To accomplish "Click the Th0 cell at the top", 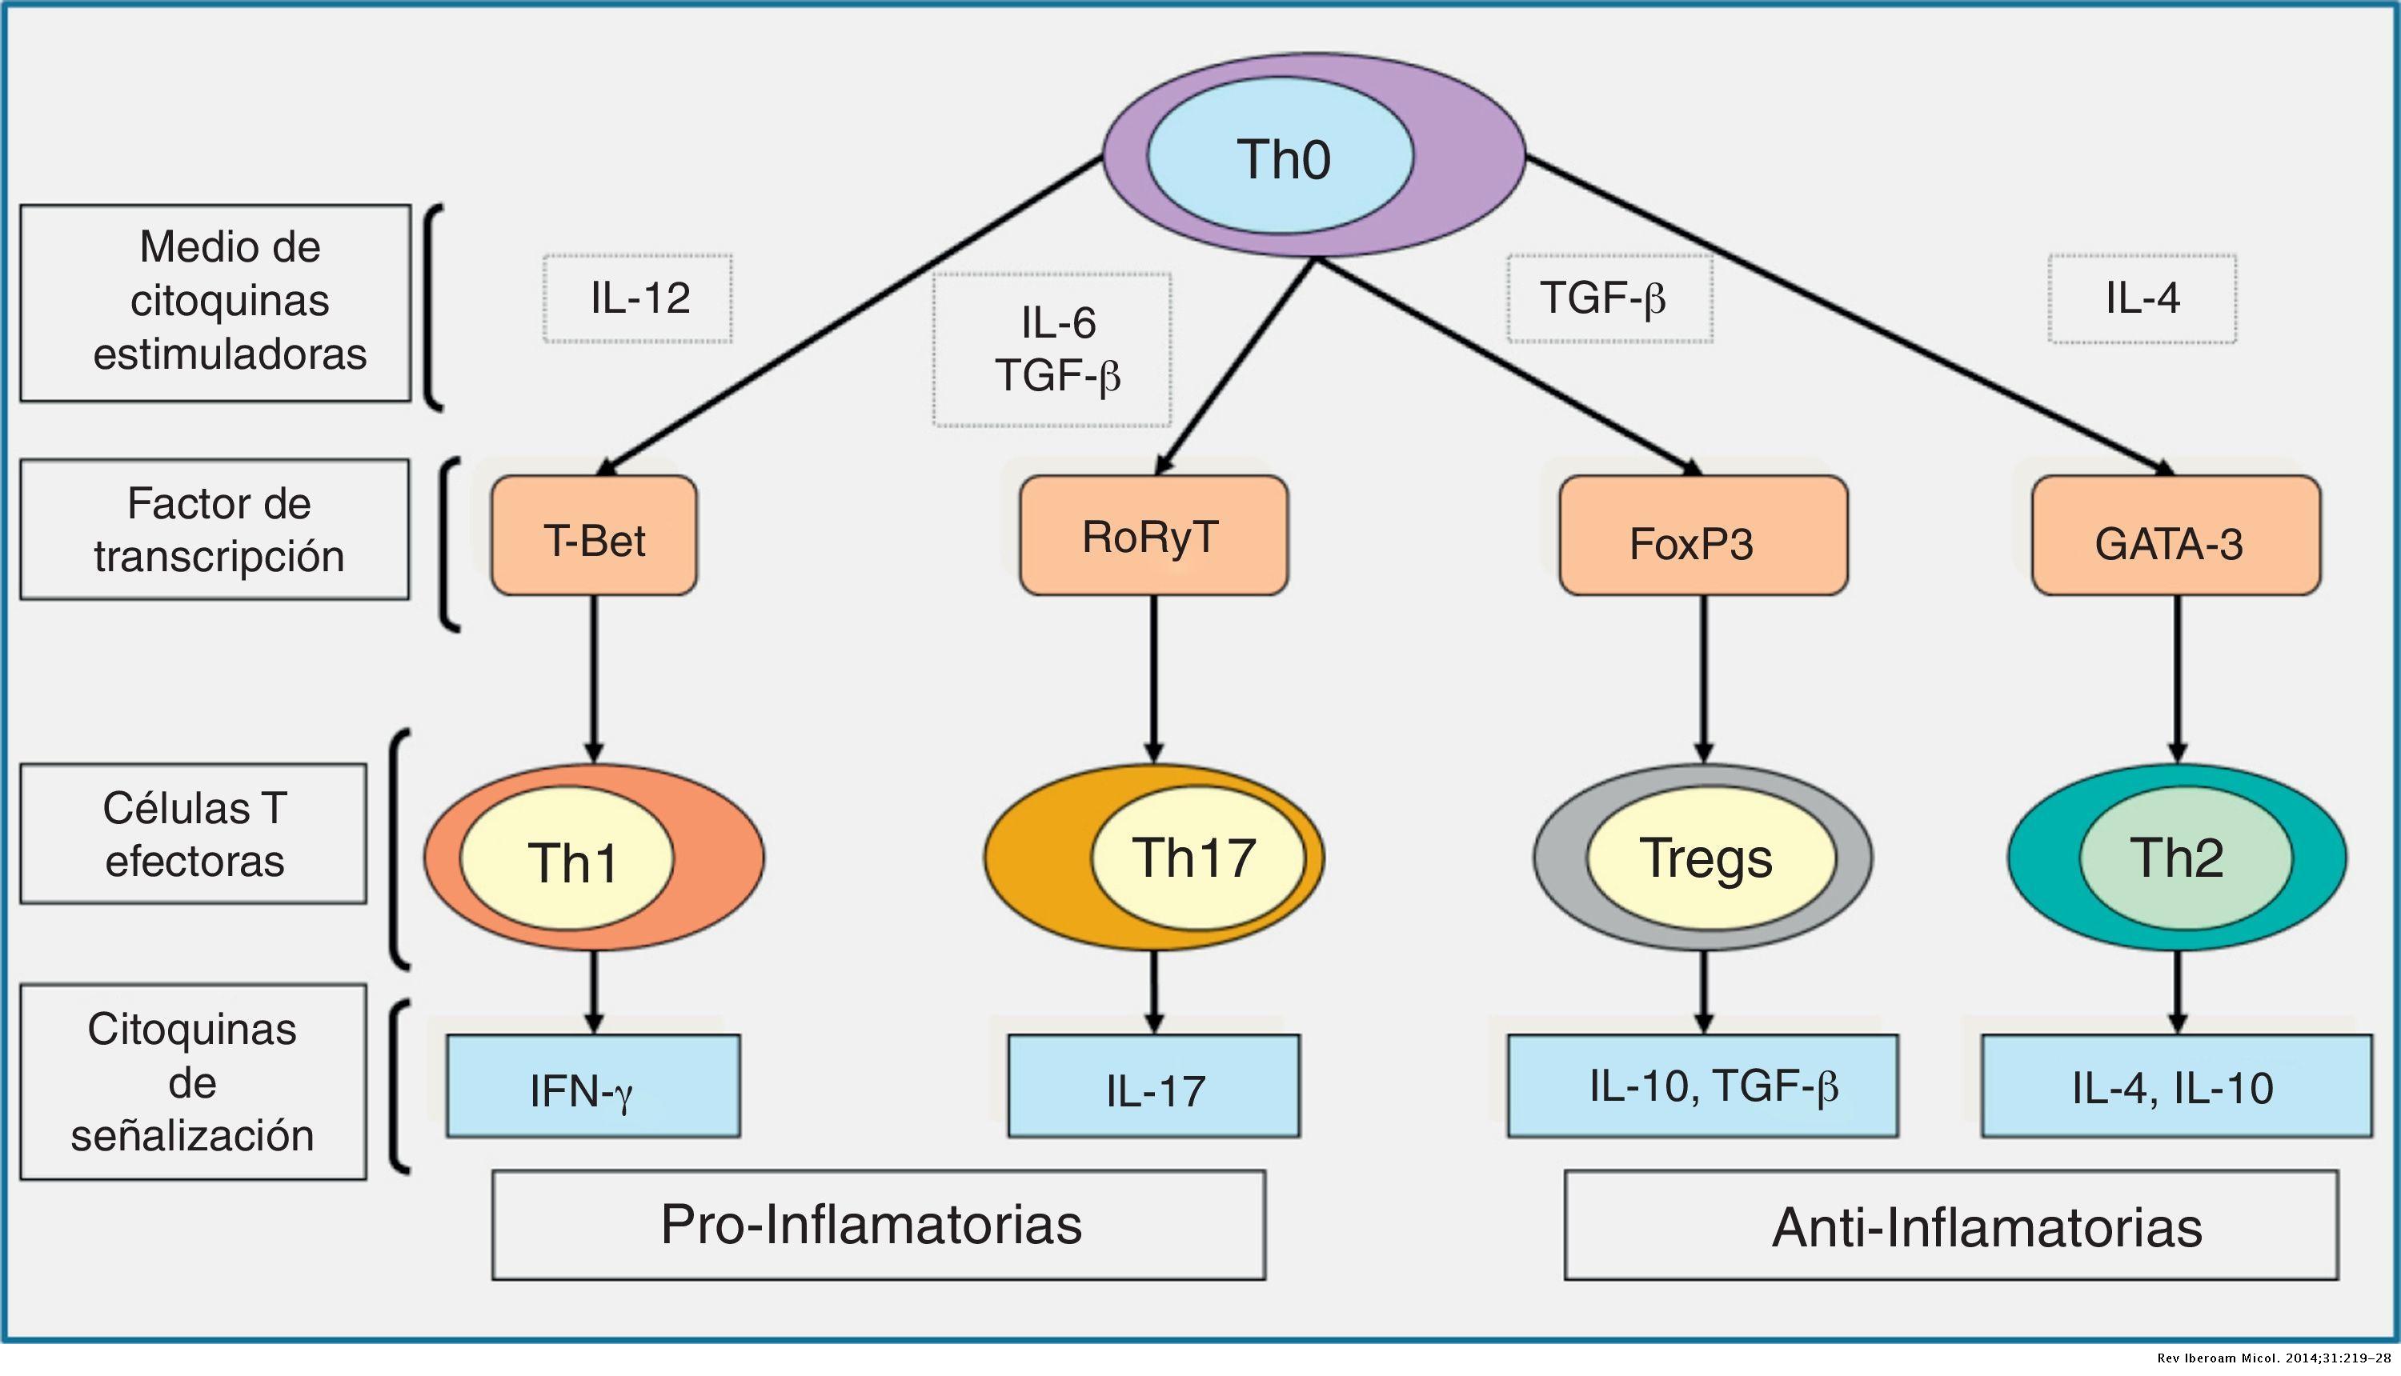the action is pyautogui.click(x=1314, y=155).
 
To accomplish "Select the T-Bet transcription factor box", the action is pyautogui.click(x=594, y=535).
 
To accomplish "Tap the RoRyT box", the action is pyautogui.click(x=1153, y=535).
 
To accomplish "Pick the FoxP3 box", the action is pyautogui.click(x=1703, y=535).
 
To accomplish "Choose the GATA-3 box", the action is pyautogui.click(x=2176, y=535).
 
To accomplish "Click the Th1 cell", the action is pyautogui.click(x=594, y=857).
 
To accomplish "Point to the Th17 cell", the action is pyautogui.click(x=1154, y=857).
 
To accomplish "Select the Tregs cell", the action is pyautogui.click(x=1702, y=857).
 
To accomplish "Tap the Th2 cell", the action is pyautogui.click(x=2177, y=857).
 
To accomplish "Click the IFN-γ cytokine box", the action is pyautogui.click(x=594, y=1086).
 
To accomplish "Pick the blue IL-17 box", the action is pyautogui.click(x=1154, y=1086).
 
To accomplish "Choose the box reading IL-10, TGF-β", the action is pyautogui.click(x=1702, y=1086).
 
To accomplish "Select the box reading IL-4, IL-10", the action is pyautogui.click(x=2177, y=1086).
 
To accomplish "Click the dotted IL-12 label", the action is pyautogui.click(x=638, y=298).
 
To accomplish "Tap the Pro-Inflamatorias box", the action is pyautogui.click(x=878, y=1225).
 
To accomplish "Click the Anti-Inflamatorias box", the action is pyautogui.click(x=1951, y=1225).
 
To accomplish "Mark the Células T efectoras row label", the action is pyautogui.click(x=194, y=834).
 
